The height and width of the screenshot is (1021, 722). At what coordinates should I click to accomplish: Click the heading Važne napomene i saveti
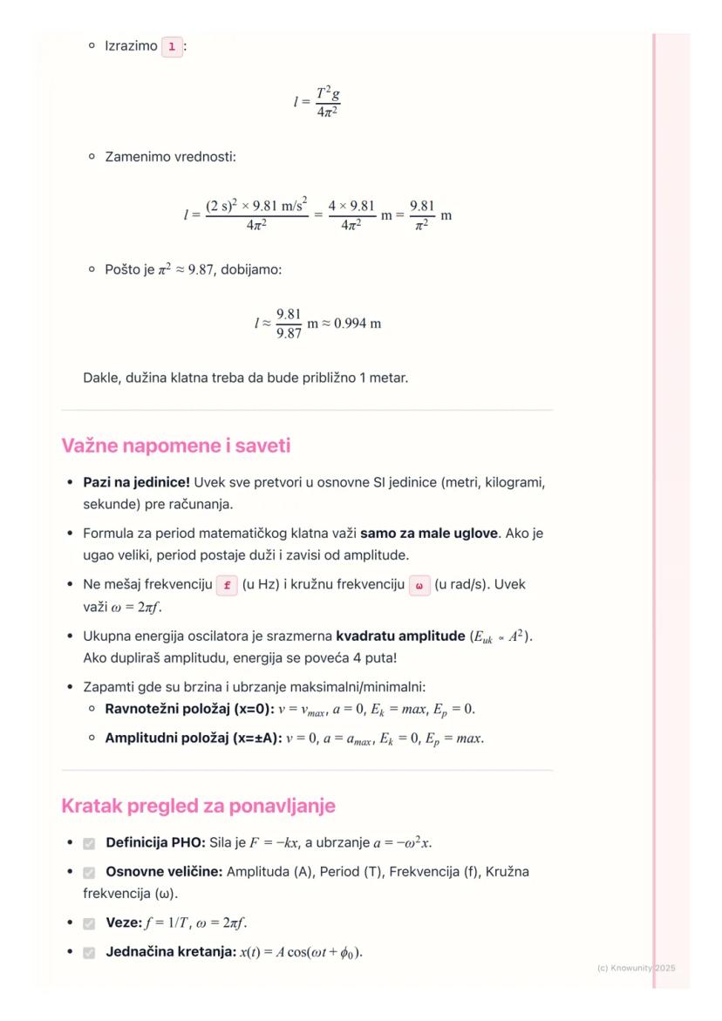click(175, 446)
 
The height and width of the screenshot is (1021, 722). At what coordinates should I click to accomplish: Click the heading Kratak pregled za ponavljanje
click(198, 807)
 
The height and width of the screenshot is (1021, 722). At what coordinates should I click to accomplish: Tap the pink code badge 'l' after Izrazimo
click(173, 46)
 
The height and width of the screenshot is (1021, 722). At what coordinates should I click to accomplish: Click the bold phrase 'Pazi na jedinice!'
click(136, 481)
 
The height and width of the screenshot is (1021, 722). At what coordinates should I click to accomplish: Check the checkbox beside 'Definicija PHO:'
click(89, 844)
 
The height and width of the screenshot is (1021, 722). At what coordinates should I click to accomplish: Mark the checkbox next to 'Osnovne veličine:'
click(89, 872)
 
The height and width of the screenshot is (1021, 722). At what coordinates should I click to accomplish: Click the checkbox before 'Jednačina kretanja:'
click(89, 952)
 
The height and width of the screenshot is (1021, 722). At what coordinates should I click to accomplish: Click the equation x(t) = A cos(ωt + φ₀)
click(300, 952)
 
